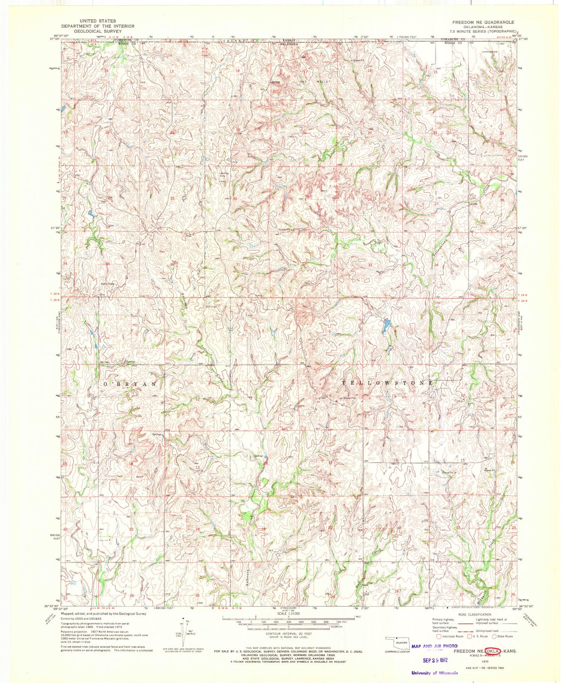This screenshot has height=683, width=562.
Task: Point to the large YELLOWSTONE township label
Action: [x=388, y=383]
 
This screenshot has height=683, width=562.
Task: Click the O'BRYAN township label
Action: [x=129, y=384]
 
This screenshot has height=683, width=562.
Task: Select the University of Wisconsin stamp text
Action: [x=434, y=673]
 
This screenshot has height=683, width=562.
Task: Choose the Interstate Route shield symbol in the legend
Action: [x=438, y=636]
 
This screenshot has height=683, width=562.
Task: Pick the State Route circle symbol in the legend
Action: [x=494, y=636]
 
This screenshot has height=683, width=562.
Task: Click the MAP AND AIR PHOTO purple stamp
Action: [x=434, y=646]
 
